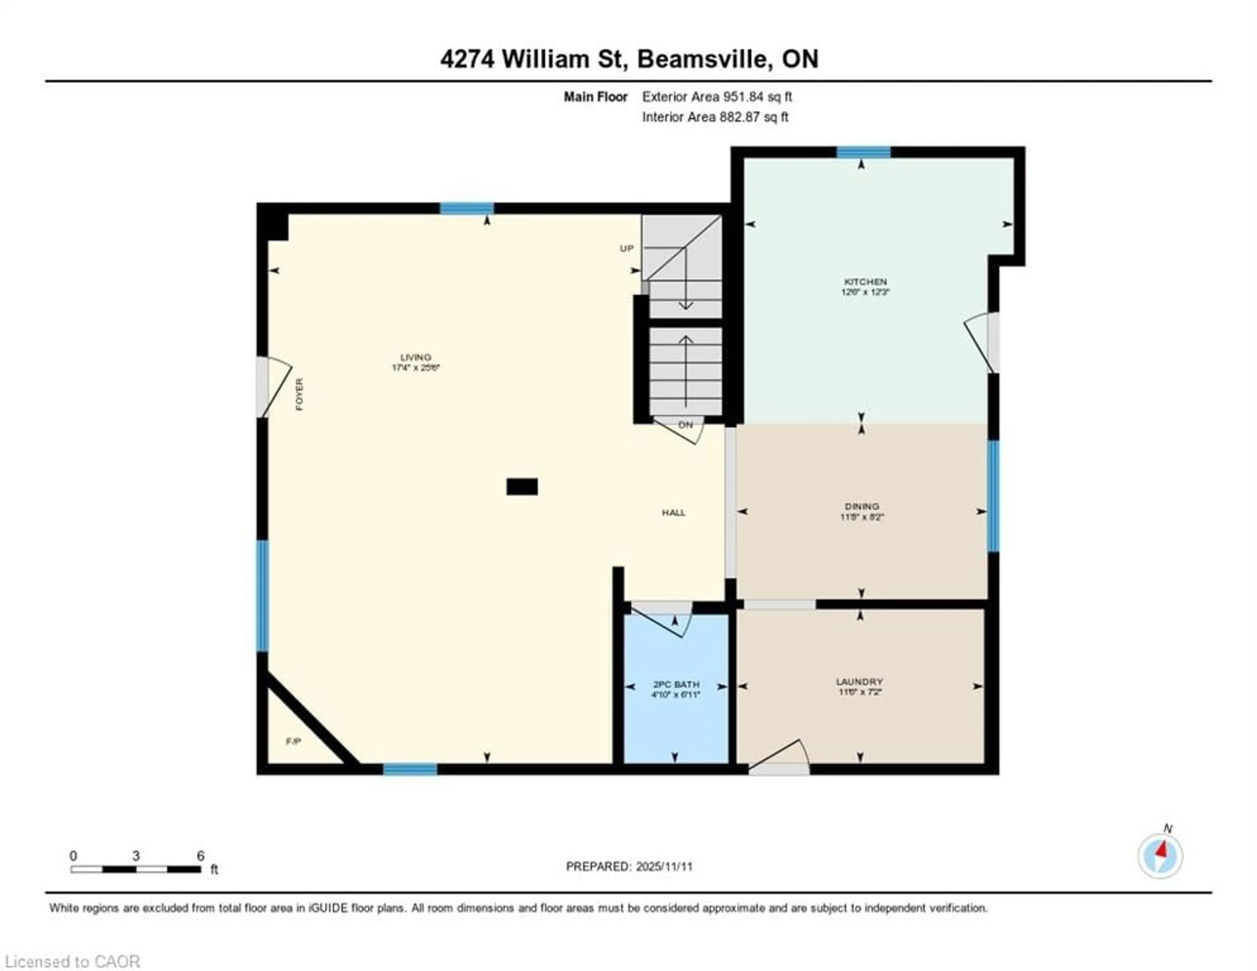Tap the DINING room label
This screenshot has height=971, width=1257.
[x=862, y=507]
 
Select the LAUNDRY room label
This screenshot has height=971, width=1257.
[x=859, y=681]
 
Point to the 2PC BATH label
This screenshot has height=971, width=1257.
[x=676, y=684]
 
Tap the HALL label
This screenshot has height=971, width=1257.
[x=673, y=512]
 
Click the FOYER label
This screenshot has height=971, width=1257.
[x=299, y=394]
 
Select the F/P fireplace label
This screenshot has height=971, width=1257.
[x=294, y=741]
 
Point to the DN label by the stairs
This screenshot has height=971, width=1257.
[x=685, y=425]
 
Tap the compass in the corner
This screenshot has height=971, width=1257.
[x=1160, y=856]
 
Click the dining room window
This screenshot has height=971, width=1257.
[x=993, y=495]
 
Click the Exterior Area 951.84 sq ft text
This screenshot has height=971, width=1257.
[x=717, y=97]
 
